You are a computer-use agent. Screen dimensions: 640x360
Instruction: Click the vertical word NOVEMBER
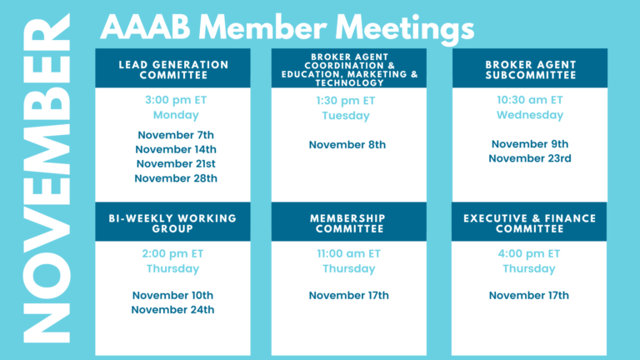(47, 178)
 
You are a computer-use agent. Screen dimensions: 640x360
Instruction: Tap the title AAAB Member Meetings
(287, 28)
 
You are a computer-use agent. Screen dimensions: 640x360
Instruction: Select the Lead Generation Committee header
(173, 70)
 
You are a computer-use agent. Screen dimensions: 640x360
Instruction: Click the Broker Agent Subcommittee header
(531, 70)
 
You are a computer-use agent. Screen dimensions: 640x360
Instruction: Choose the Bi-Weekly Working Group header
(172, 223)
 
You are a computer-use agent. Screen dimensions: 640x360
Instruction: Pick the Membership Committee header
(349, 223)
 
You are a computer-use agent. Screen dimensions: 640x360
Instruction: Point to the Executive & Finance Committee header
(529, 223)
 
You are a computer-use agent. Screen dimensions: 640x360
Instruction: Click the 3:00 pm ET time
(176, 100)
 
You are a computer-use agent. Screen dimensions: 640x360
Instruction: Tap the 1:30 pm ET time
(346, 101)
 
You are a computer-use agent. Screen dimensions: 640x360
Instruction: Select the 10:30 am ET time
(530, 100)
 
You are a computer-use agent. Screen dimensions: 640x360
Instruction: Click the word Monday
(176, 115)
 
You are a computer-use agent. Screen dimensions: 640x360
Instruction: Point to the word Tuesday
(346, 116)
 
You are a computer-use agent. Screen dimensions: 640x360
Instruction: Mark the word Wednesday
(530, 115)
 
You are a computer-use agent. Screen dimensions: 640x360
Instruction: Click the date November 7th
(176, 135)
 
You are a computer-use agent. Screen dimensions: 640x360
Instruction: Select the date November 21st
(176, 163)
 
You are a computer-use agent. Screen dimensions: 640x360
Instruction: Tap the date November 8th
(347, 145)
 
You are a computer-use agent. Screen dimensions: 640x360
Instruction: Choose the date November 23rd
(530, 158)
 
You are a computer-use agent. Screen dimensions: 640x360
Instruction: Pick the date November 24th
(172, 310)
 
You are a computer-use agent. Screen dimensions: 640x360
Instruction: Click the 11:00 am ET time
(349, 254)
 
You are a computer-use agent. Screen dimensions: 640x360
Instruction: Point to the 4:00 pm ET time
(529, 254)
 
